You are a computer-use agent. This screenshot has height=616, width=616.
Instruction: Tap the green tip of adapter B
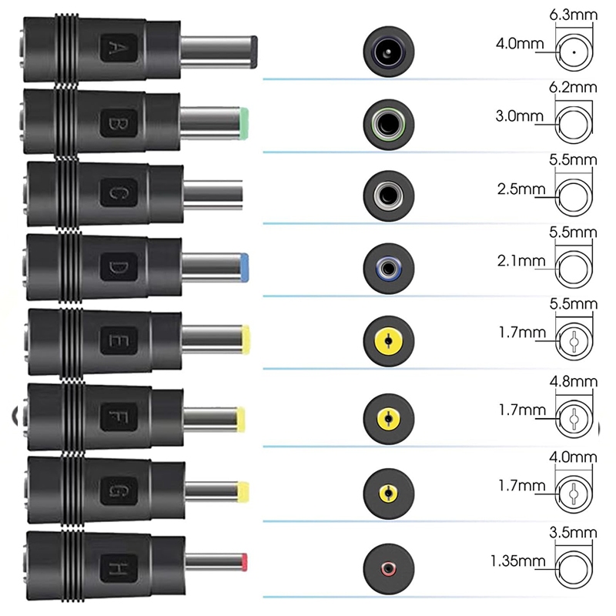coord(243,120)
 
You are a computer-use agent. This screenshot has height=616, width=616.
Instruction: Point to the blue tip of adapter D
coord(243,266)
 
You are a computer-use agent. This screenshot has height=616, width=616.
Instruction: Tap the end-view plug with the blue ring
coord(389,269)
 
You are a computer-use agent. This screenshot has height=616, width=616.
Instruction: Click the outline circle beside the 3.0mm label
coord(574,122)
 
